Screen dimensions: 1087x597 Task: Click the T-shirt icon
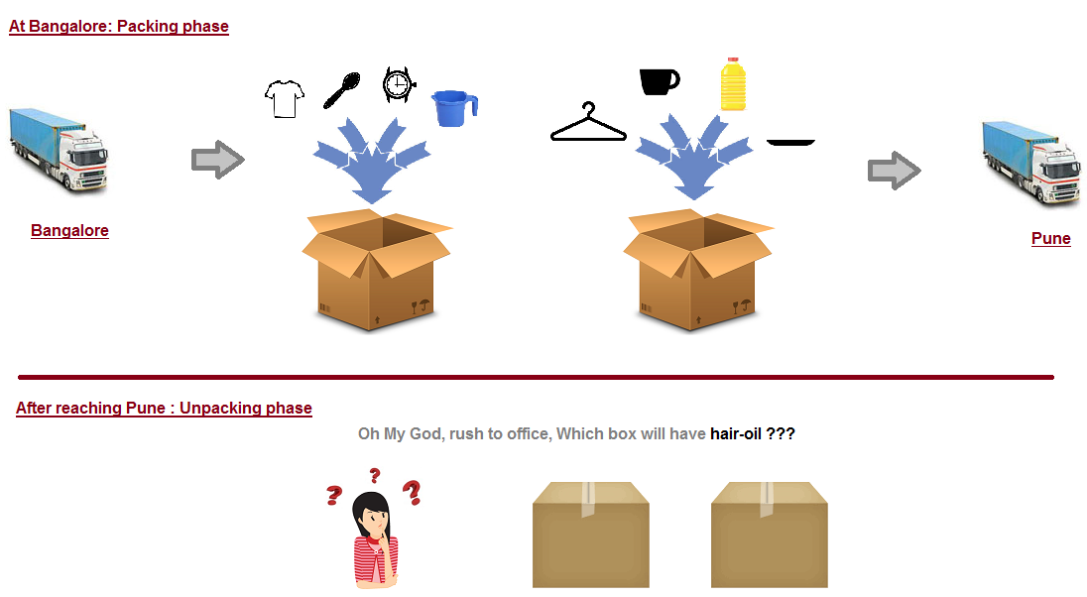click(x=285, y=98)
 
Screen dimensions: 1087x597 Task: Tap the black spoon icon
click(x=342, y=91)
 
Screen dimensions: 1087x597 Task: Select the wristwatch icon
click(x=398, y=84)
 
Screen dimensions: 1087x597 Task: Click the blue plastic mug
click(x=455, y=109)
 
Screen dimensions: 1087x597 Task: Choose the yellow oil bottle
click(x=734, y=84)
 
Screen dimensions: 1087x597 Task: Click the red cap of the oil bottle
click(x=734, y=60)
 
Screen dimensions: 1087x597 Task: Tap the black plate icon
click(x=791, y=143)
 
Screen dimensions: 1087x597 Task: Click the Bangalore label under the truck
click(x=70, y=230)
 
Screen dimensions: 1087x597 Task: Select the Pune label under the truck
click(x=1051, y=238)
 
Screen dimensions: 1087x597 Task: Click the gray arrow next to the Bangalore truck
click(x=218, y=160)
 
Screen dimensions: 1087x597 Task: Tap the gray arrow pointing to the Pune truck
click(x=895, y=170)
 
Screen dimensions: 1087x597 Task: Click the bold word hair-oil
click(x=736, y=434)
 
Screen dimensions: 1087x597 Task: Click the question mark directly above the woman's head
click(x=375, y=475)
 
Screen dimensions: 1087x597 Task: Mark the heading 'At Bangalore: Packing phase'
click(x=119, y=27)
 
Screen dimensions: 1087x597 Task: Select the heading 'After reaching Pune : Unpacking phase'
click(x=164, y=408)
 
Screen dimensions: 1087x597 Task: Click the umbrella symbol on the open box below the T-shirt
click(x=424, y=303)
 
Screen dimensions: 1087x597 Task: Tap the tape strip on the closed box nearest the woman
click(x=588, y=499)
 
